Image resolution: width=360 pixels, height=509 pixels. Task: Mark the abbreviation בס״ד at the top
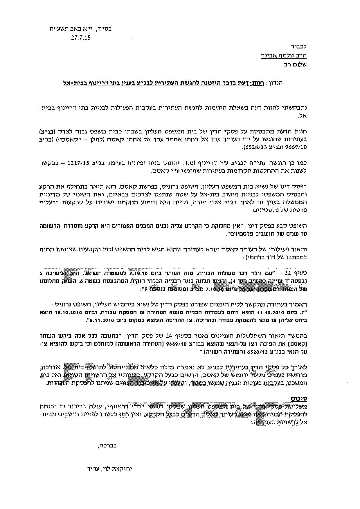point(105,29)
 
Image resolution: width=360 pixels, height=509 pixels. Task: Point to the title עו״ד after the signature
point(89,468)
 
